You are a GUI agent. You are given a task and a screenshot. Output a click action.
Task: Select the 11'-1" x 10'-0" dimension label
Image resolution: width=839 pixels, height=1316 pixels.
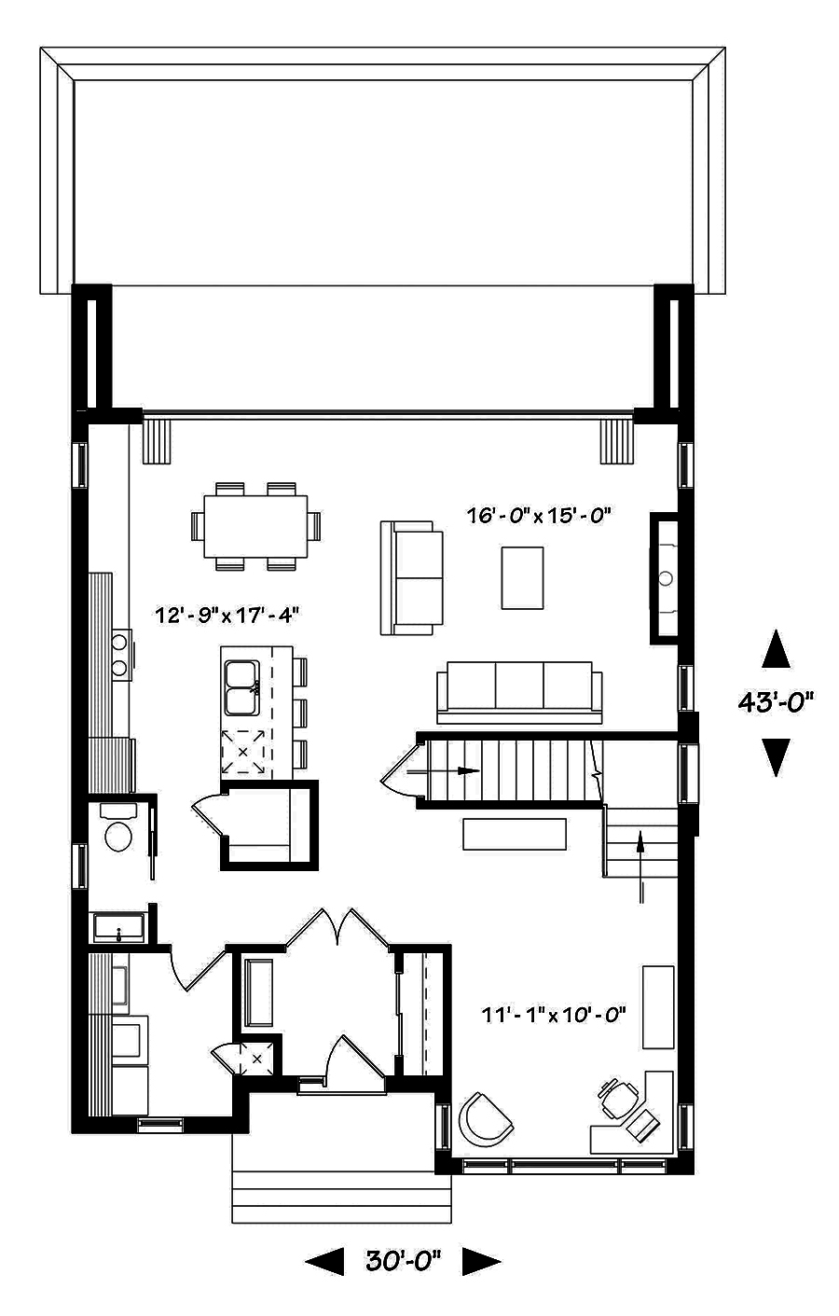point(554,1015)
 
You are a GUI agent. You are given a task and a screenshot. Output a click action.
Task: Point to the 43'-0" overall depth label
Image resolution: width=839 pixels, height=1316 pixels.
point(776,701)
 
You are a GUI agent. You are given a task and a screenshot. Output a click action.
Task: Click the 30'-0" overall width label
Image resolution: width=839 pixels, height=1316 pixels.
point(403,1262)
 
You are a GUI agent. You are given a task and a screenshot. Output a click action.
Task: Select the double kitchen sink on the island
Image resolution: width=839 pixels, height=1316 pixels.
point(242,687)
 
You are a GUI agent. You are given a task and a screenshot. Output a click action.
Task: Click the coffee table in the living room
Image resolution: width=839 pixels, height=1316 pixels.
point(523,578)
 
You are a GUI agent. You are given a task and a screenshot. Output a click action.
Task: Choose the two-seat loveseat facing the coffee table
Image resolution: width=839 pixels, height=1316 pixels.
point(411,578)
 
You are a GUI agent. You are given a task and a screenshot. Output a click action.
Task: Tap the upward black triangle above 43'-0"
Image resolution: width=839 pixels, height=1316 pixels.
point(776,649)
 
